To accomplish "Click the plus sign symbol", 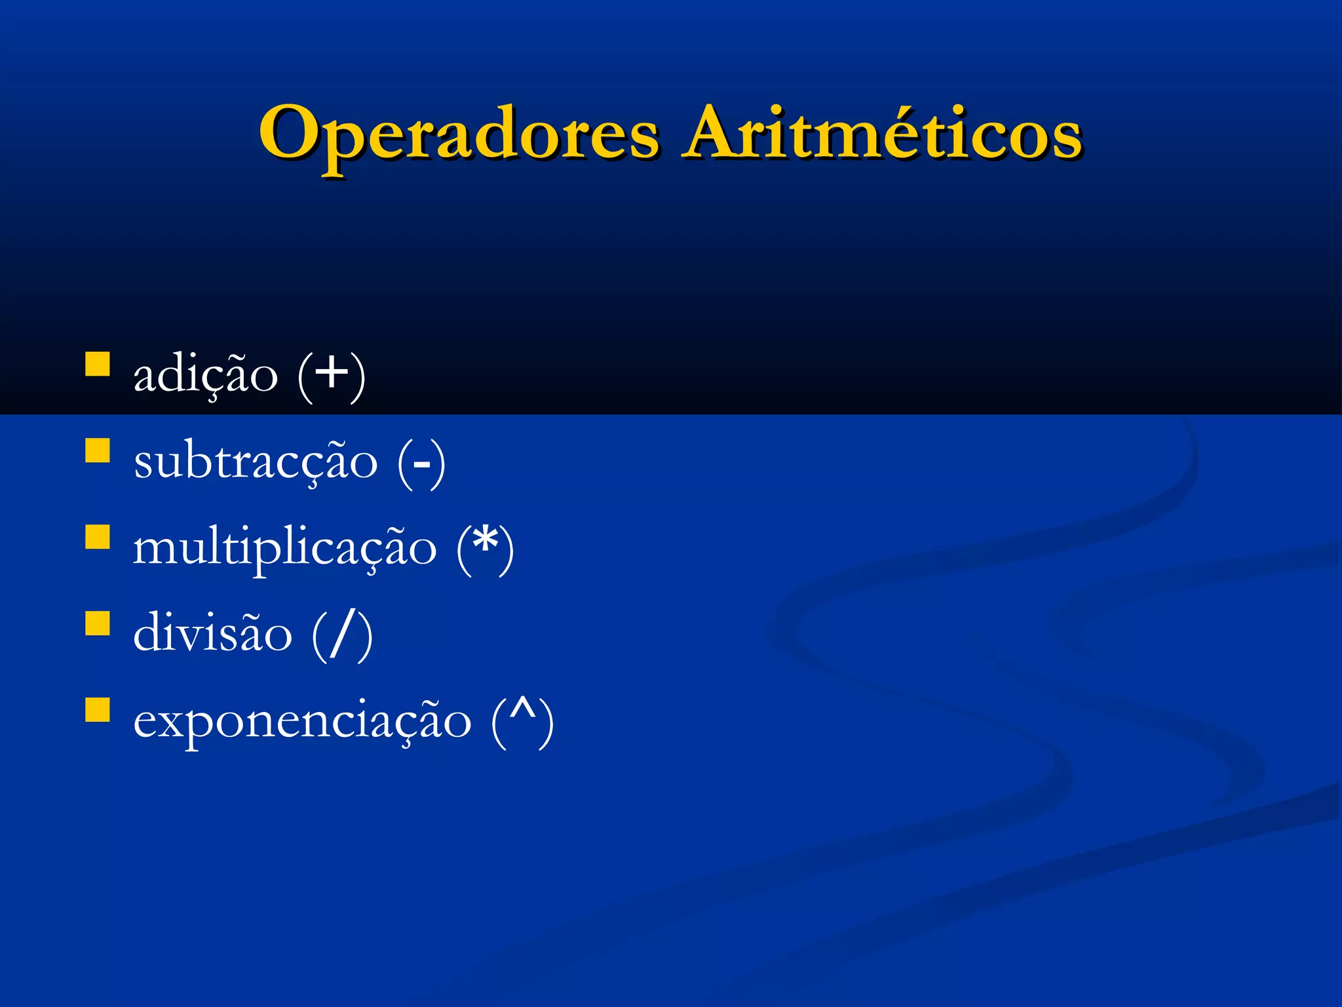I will [x=332, y=372].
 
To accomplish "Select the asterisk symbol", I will [x=485, y=542].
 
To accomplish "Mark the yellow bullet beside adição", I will [x=98, y=364].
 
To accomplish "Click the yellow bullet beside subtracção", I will [x=98, y=450].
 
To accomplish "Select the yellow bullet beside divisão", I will [x=98, y=623].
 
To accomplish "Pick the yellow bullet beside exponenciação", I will [x=98, y=709].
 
